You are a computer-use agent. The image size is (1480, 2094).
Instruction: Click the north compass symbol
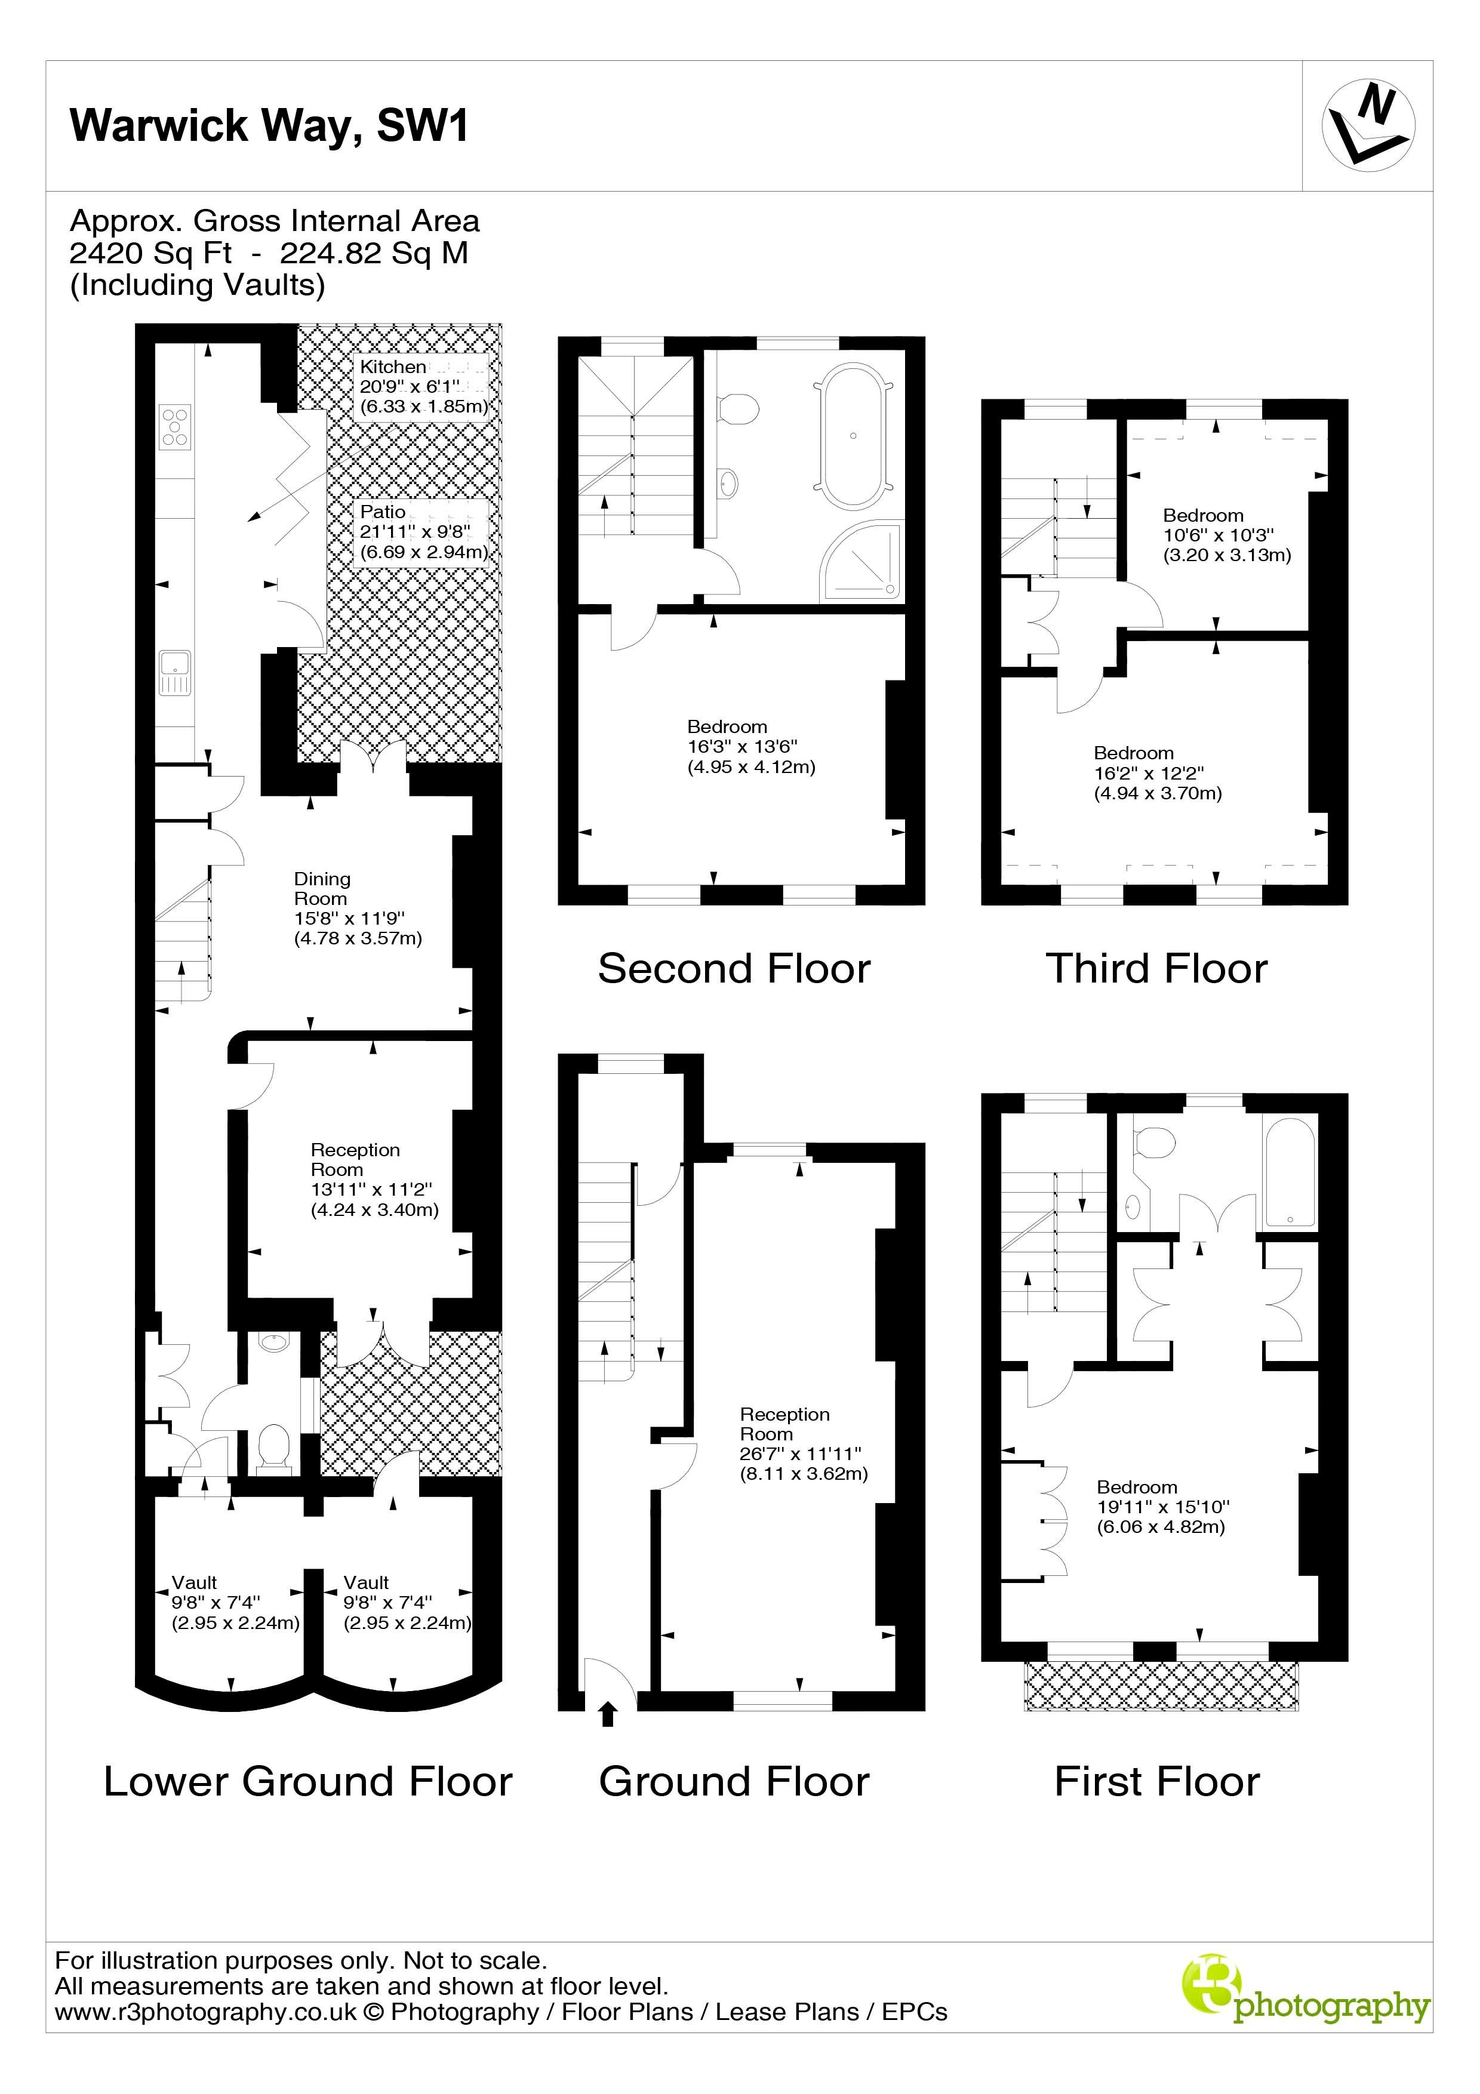click(x=1368, y=126)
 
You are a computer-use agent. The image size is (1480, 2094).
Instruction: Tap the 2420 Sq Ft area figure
click(x=150, y=252)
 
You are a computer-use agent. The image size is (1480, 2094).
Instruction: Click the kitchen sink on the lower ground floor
click(x=174, y=672)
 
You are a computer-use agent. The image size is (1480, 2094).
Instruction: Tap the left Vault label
click(x=194, y=1582)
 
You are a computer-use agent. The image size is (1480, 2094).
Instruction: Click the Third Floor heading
click(x=1156, y=969)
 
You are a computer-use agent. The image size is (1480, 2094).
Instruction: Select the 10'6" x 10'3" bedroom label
click(x=1226, y=535)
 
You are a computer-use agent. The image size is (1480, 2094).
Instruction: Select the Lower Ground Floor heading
click(x=308, y=1781)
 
